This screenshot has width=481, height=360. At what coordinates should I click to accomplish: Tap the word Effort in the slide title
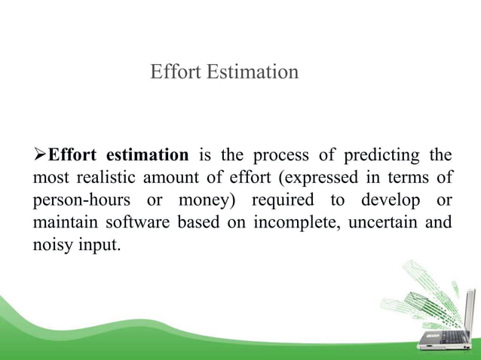pyautogui.click(x=174, y=72)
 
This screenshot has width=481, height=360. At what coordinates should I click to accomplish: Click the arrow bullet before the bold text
pyautogui.click(x=39, y=156)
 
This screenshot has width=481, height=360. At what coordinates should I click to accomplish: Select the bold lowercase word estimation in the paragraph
pyautogui.click(x=147, y=156)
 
